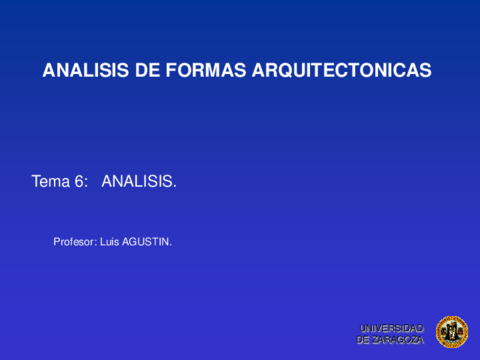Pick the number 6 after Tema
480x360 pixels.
click(79, 182)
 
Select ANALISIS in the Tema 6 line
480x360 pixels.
click(138, 182)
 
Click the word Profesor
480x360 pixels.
click(74, 241)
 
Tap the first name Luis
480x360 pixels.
click(110, 241)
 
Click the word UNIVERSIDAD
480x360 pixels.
click(392, 328)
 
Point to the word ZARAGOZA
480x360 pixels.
click(398, 340)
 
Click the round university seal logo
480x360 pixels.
click(451, 332)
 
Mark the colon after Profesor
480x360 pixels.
click(96, 242)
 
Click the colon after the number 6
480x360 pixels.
click(87, 183)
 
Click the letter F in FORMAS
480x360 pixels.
click(166, 71)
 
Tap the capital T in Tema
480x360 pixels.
click(37, 182)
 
